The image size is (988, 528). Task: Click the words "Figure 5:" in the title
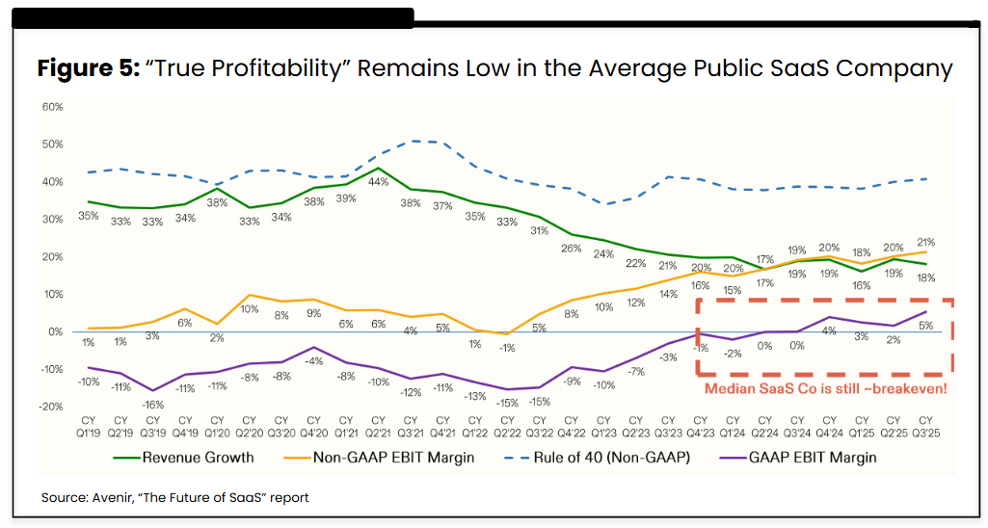pos(87,69)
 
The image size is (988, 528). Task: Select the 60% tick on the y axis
pos(52,107)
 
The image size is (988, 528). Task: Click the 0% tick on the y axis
pos(55,331)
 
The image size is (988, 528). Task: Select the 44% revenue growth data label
pos(379,181)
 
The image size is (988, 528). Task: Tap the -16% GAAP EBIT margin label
pos(152,405)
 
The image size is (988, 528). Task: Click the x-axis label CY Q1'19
pos(89,426)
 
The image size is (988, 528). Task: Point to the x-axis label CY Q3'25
pos(926,426)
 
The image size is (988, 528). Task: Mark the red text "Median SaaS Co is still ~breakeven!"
pos(825,388)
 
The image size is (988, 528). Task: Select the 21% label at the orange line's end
pos(926,242)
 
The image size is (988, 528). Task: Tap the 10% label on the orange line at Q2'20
pos(250,309)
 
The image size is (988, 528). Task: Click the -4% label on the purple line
pos(314,361)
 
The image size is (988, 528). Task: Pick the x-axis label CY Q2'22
pos(507,426)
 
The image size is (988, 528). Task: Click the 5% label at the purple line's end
pos(926,325)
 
